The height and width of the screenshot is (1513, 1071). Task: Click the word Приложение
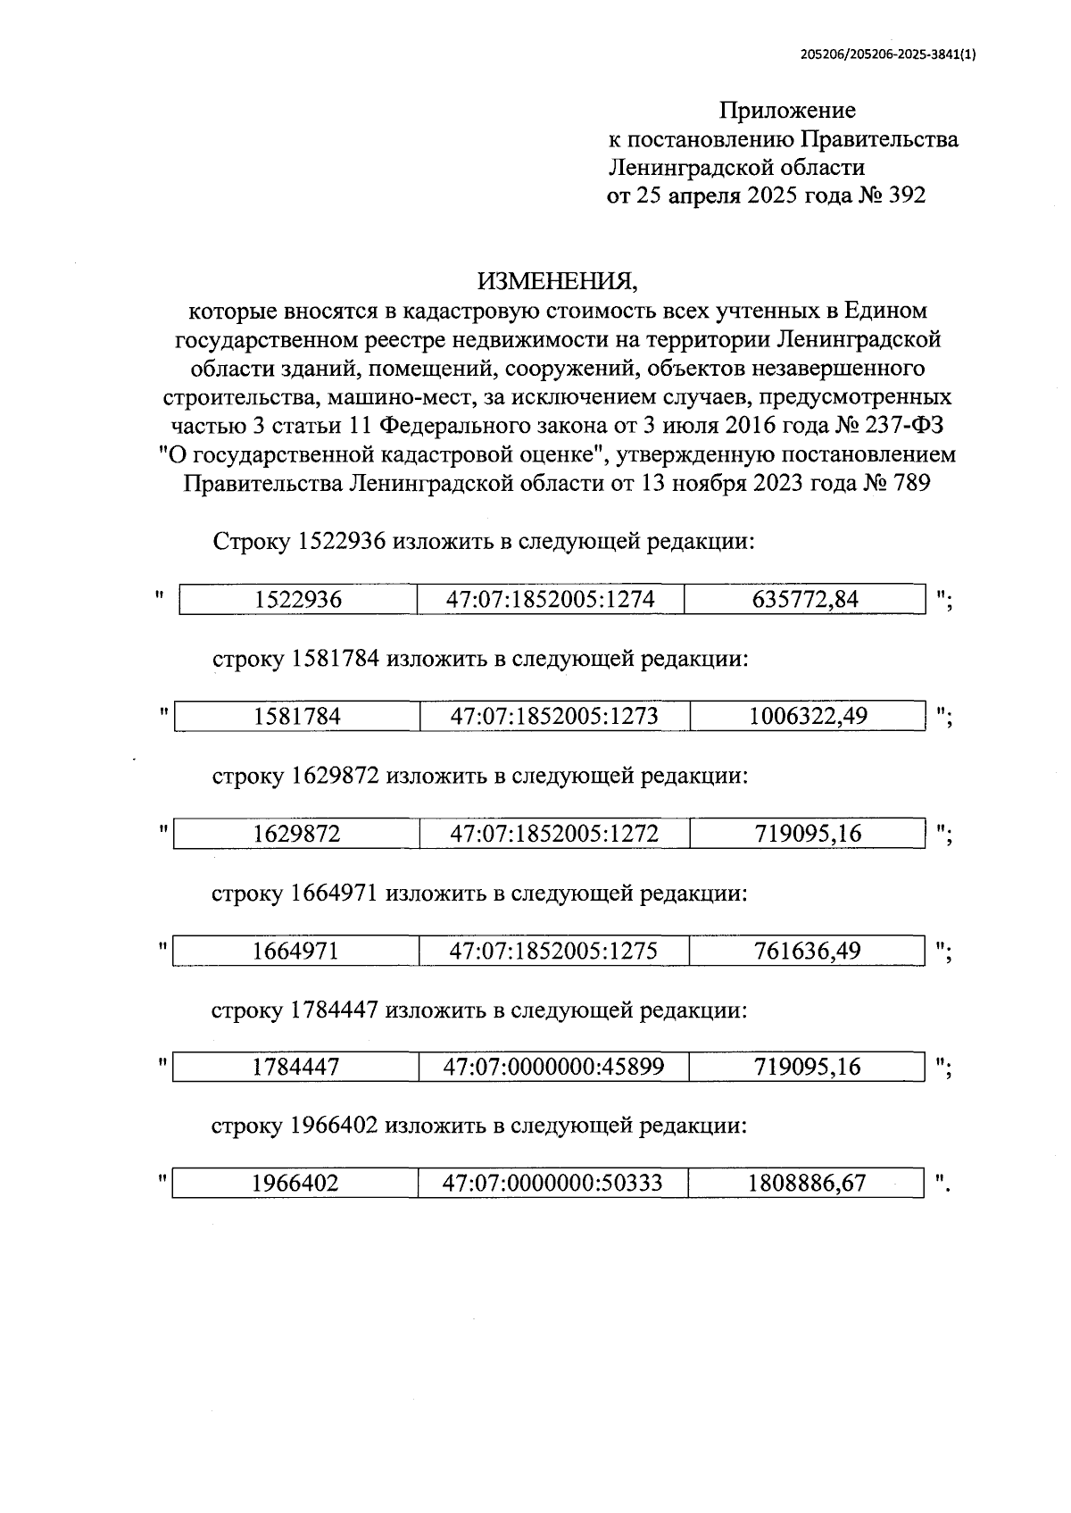point(787,111)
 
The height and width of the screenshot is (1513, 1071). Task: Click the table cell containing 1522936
point(298,600)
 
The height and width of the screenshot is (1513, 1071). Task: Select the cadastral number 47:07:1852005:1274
point(551,600)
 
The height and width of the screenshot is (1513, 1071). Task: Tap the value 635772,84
point(805,600)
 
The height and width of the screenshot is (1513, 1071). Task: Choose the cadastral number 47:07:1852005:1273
point(554,717)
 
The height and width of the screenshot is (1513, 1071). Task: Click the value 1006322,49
point(808,717)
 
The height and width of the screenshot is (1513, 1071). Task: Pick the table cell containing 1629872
point(296,835)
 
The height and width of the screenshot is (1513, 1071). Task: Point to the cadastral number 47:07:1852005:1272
point(554,835)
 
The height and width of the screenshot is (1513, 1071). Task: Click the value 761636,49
point(808,952)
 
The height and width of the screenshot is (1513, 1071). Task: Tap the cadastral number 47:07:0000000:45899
point(553,1068)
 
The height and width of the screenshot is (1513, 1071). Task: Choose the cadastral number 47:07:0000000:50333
point(552,1185)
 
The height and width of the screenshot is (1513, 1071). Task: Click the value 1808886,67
point(807,1185)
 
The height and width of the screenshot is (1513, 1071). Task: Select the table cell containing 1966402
point(295,1185)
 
